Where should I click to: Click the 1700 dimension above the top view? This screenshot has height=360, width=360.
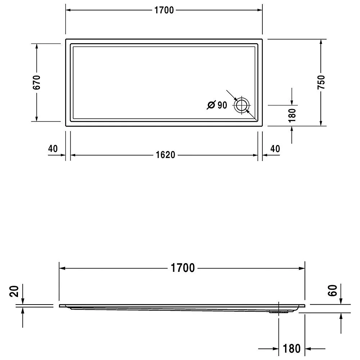point(164,10)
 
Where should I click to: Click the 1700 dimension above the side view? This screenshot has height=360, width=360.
point(183,268)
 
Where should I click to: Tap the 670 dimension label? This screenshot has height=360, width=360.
point(37,82)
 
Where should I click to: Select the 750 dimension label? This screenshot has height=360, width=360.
point(321,82)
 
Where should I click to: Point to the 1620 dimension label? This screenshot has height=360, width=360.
point(165,155)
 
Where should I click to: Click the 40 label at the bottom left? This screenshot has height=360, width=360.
point(53,149)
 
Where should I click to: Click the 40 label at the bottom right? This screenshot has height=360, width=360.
point(275,149)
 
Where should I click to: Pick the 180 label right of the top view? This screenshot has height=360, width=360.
point(292,116)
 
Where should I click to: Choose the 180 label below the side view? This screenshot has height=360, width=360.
point(292,348)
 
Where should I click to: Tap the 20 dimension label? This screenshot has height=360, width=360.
point(14,291)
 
